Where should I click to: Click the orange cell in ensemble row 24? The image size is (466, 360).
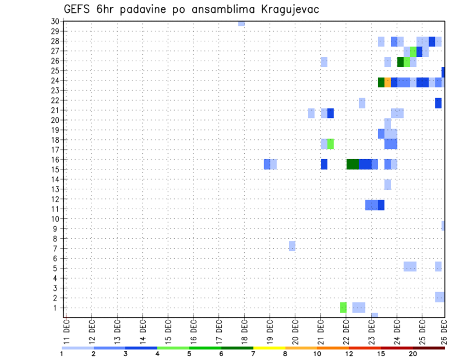click(387, 82)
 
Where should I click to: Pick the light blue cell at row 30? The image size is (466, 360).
click(241, 23)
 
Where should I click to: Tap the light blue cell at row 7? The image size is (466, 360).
click(292, 246)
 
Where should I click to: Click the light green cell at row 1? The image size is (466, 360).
click(343, 307)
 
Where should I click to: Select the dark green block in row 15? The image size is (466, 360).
click(353, 164)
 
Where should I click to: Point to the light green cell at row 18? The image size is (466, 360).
click(331, 144)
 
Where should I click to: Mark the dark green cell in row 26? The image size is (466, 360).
click(400, 62)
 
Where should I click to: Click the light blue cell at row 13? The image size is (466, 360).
click(387, 184)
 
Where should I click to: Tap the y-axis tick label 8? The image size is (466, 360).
click(56, 239)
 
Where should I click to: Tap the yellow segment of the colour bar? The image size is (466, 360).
click(269, 348)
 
